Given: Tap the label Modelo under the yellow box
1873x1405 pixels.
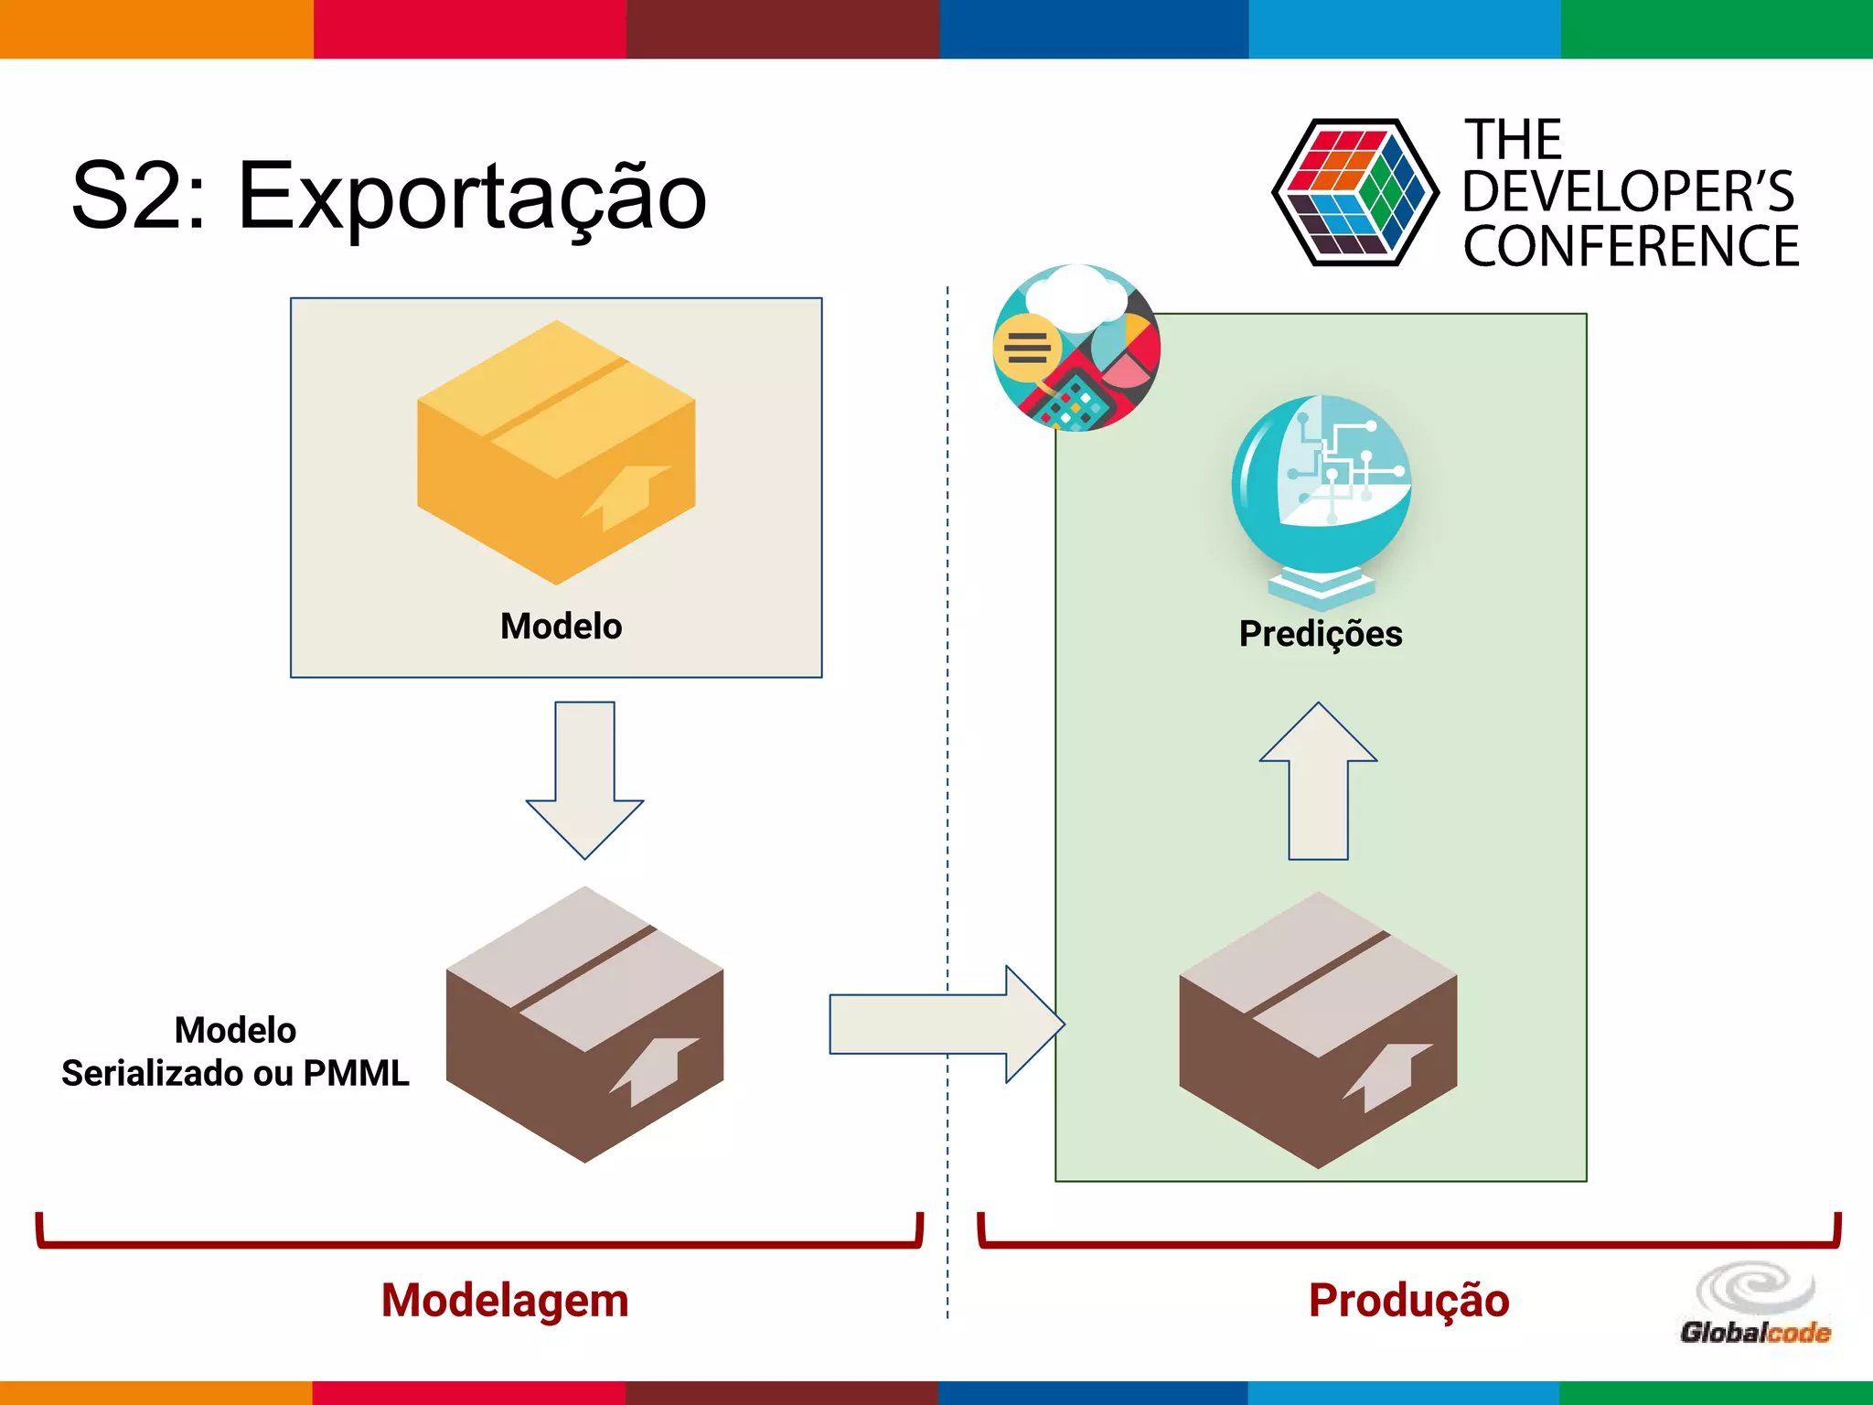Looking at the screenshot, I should (561, 627).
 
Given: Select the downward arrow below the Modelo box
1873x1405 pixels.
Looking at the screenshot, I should (585, 778).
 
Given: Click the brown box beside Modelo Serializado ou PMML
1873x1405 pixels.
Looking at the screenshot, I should (584, 1024).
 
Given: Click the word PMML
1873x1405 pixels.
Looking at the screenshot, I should (357, 1073).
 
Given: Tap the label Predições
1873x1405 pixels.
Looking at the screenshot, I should (1321, 634).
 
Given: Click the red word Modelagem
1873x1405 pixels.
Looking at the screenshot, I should (505, 1300).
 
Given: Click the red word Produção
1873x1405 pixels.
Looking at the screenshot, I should (1408, 1300).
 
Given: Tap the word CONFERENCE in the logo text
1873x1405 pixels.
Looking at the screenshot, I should (1631, 246).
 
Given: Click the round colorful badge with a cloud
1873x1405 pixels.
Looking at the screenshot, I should (1076, 348).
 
